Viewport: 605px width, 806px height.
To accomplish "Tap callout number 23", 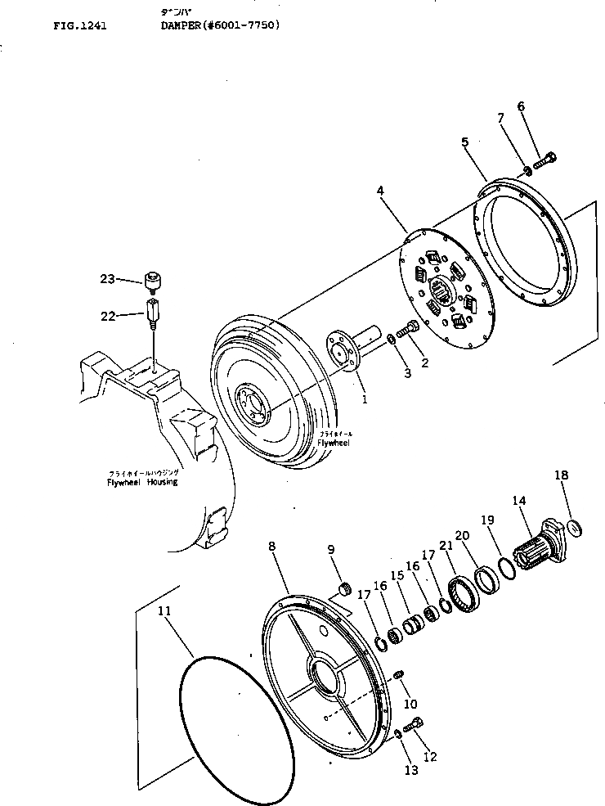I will pyautogui.click(x=107, y=280).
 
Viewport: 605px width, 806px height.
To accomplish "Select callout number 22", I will pyautogui.click(x=107, y=316).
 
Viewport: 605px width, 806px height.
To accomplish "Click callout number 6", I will pyautogui.click(x=521, y=106).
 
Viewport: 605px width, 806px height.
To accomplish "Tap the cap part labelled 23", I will pyautogui.click(x=152, y=283).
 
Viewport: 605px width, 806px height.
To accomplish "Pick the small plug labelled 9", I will pyautogui.click(x=344, y=588).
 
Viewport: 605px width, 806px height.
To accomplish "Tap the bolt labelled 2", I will pyautogui.click(x=409, y=330).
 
